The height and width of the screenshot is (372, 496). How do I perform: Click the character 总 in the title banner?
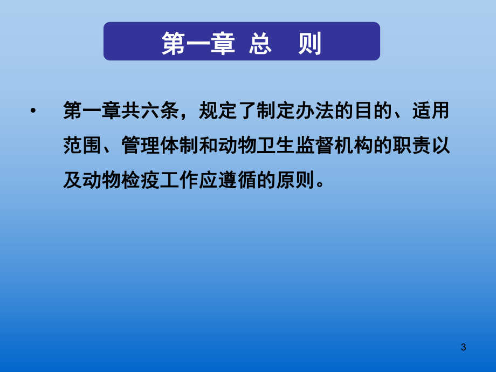tap(258, 43)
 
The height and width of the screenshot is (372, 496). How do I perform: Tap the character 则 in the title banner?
tap(308, 43)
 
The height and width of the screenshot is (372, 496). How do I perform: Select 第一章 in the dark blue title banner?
tap(198, 43)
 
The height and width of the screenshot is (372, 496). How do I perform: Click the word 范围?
tap(82, 146)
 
